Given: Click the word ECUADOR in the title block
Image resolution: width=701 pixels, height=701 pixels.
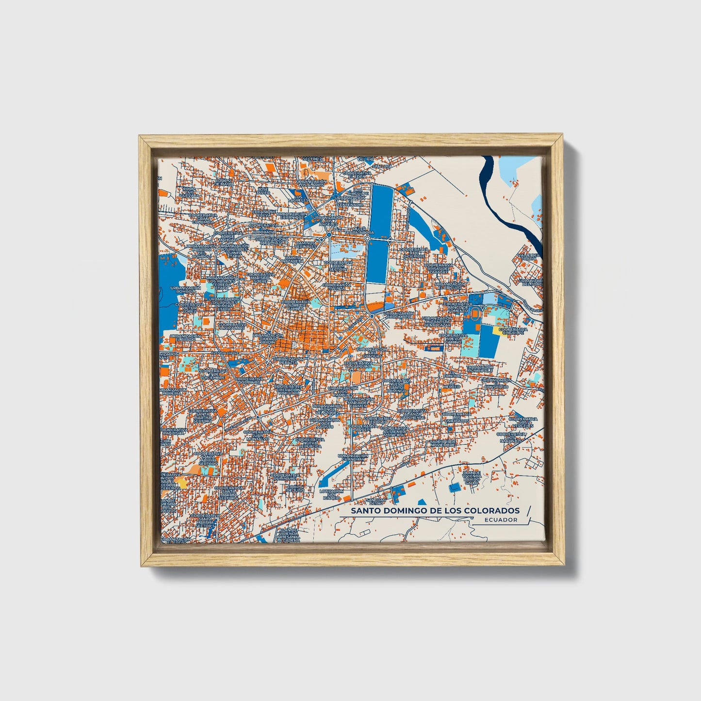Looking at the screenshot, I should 501,520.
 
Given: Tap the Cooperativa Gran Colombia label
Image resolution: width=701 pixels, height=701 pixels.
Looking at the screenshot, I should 202,218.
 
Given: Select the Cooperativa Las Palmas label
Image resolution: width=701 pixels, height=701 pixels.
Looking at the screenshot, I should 231,326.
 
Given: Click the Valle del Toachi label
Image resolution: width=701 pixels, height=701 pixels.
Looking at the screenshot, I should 528,257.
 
